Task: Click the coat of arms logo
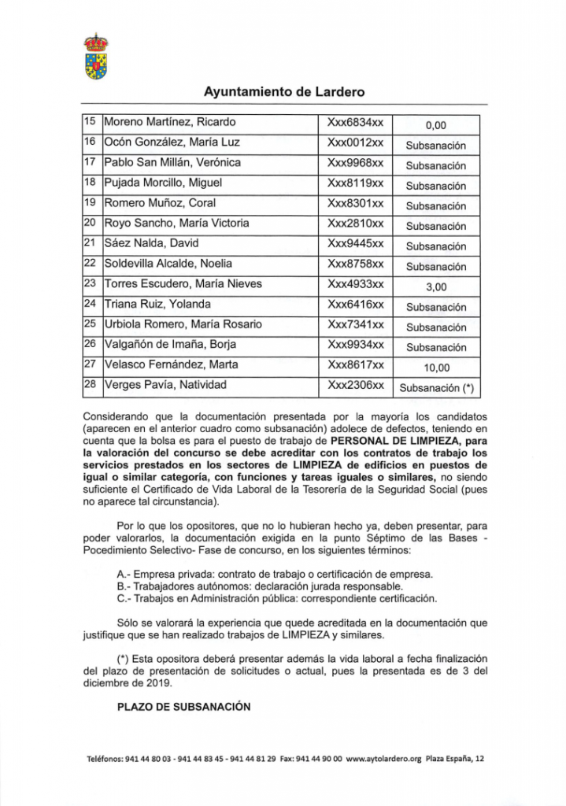[96, 57]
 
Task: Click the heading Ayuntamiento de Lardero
[284, 92]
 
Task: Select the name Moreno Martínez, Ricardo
[170, 122]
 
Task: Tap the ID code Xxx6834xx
[355, 122]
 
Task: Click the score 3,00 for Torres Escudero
[436, 287]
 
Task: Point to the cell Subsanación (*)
[436, 387]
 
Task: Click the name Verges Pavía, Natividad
[165, 385]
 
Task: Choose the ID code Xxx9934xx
[355, 344]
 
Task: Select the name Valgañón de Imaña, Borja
[170, 344]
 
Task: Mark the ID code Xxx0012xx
[355, 142]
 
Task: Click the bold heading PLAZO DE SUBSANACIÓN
[183, 707]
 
